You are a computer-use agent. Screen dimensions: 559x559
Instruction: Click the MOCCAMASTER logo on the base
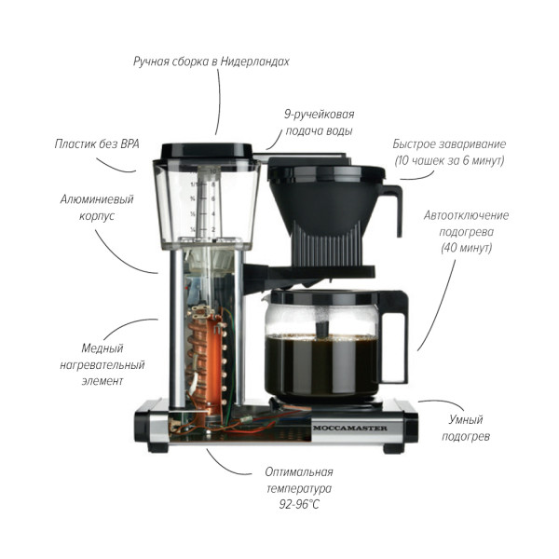pyautogui.click(x=349, y=428)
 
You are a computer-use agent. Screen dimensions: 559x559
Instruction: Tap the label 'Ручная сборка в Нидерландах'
pyautogui.click(x=211, y=61)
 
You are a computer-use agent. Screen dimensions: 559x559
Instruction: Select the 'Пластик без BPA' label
pyautogui.click(x=97, y=144)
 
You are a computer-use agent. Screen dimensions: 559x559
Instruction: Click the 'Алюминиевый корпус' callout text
pyautogui.click(x=97, y=208)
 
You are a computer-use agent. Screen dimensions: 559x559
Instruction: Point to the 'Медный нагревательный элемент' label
pyautogui.click(x=102, y=364)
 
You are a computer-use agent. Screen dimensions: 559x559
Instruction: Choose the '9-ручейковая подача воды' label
pyautogui.click(x=319, y=123)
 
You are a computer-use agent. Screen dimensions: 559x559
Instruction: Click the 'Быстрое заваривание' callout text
pyautogui.click(x=449, y=144)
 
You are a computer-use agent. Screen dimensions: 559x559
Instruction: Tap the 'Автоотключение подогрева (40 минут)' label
pyautogui.click(x=466, y=232)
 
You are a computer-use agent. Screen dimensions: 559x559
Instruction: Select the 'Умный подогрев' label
pyautogui.click(x=466, y=428)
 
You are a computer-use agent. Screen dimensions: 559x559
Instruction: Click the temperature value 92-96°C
pyautogui.click(x=299, y=504)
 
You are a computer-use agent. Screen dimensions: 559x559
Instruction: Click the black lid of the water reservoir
pyautogui.click(x=206, y=151)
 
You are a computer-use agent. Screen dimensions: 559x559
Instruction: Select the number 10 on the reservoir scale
pyautogui.click(x=213, y=171)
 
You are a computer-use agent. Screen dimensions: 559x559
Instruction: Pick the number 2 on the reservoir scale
pyautogui.click(x=213, y=229)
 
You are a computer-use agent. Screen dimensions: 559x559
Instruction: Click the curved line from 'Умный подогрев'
pyautogui.click(x=442, y=402)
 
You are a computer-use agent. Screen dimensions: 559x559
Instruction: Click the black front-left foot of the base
pyautogui.click(x=158, y=448)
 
